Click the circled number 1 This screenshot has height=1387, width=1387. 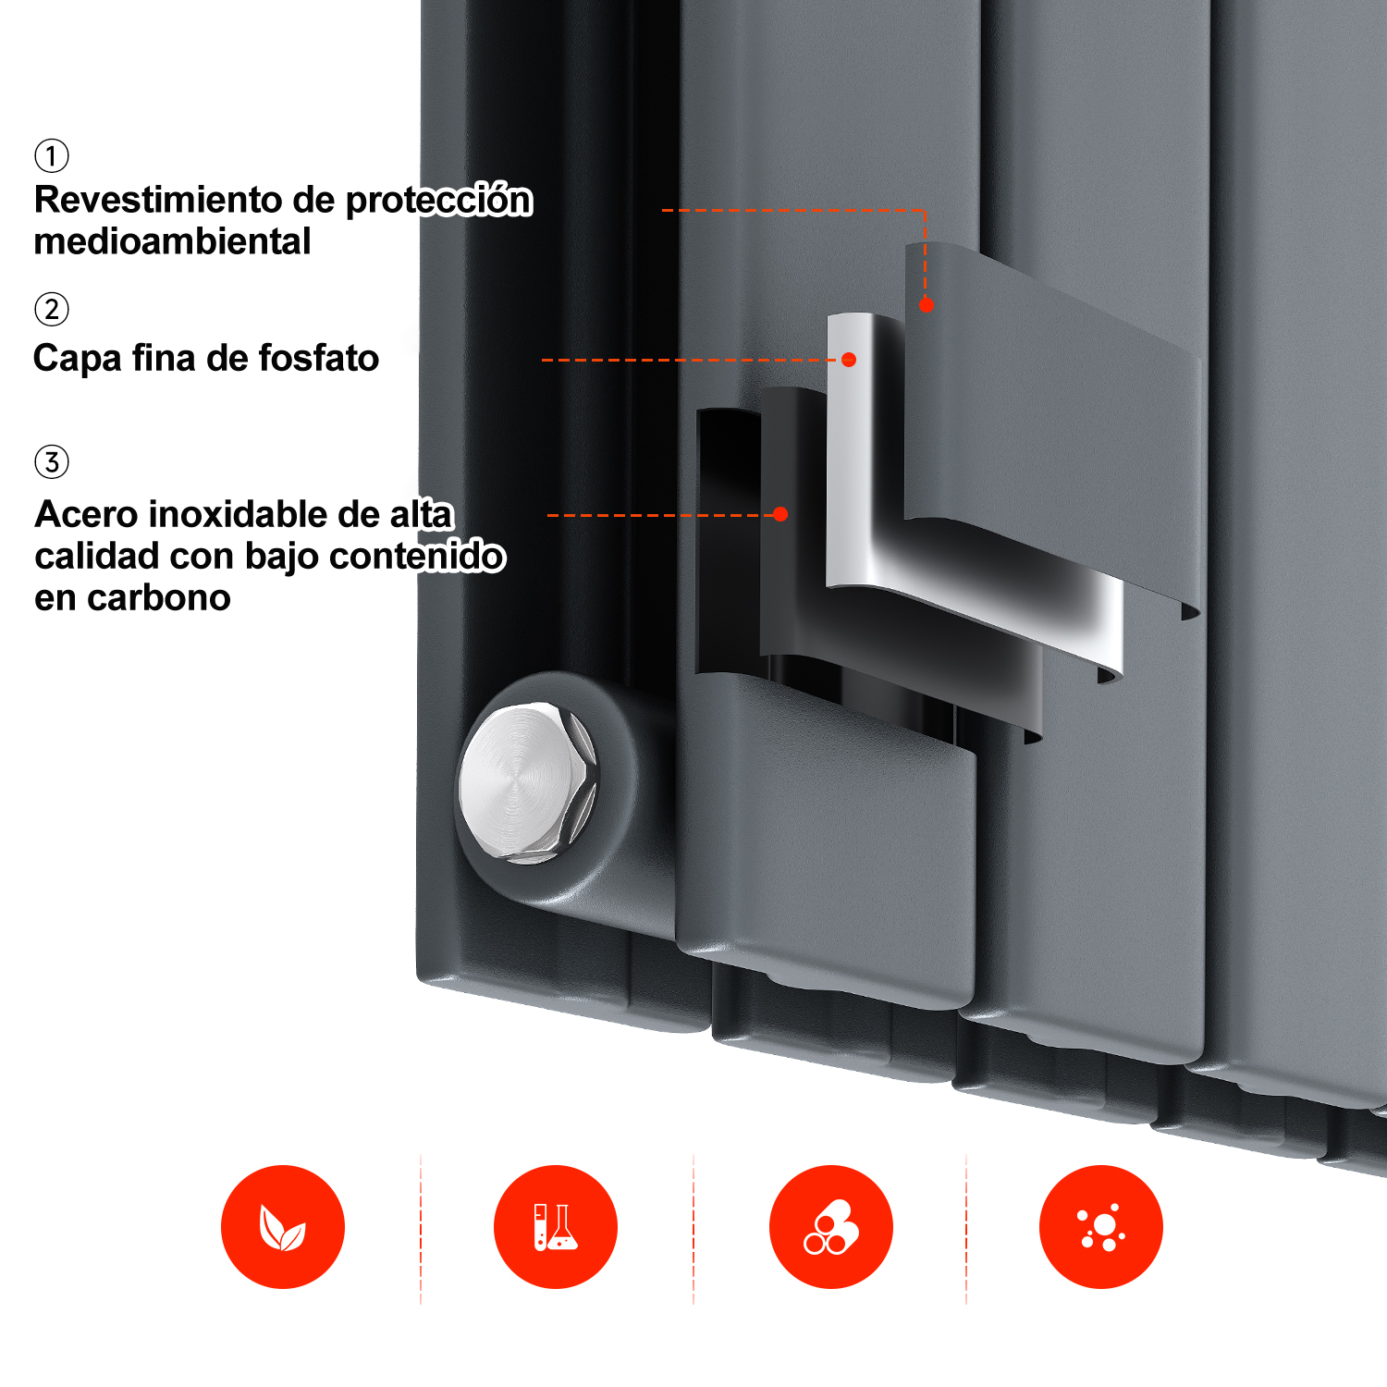tap(52, 155)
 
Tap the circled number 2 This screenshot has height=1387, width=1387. tap(52, 309)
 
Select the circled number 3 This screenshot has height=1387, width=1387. tap(52, 461)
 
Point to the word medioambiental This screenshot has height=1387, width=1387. tap(172, 241)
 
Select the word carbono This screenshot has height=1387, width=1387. tap(158, 598)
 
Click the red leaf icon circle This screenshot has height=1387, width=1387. tap(283, 1227)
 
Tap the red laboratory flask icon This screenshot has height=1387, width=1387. tap(556, 1227)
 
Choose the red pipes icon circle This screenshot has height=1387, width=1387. tap(831, 1227)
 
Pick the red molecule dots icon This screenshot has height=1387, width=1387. tap(1101, 1227)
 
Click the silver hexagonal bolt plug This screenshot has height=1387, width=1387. tap(528, 782)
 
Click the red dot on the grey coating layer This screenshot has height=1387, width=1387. tap(926, 304)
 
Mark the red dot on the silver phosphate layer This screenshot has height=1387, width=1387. tap(849, 360)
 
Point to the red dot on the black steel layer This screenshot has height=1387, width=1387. tap(780, 514)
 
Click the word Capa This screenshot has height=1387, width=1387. tap(77, 359)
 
